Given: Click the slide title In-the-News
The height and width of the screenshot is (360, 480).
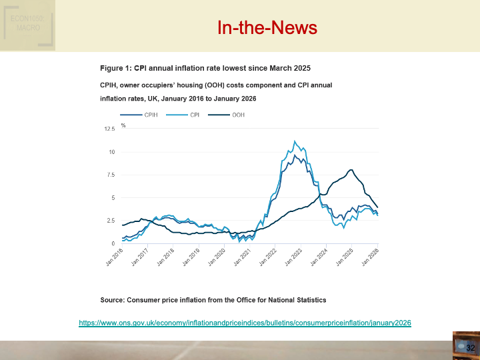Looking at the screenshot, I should [x=267, y=27].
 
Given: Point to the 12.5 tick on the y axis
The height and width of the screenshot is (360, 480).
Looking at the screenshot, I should [x=109, y=128].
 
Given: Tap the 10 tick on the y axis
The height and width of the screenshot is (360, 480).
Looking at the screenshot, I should [x=112, y=153].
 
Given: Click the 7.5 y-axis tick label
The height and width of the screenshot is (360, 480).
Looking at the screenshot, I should [x=110, y=175].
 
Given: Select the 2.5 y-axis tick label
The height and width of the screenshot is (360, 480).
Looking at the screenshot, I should [x=110, y=221].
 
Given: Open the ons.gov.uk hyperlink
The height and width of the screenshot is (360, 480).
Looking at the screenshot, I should [x=245, y=323].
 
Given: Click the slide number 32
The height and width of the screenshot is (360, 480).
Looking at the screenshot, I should [x=470, y=348].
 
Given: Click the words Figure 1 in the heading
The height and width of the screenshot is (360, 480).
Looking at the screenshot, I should [x=115, y=68].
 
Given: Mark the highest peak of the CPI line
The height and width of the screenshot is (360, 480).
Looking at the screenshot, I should [x=295, y=141].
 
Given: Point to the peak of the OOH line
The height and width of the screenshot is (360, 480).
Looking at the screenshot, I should [x=351, y=170].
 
